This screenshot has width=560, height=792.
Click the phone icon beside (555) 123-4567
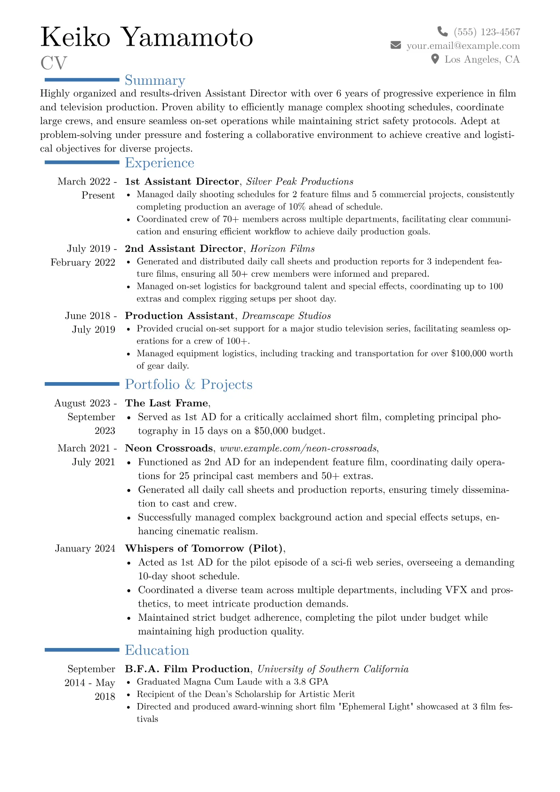[442, 32]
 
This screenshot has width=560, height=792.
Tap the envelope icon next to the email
[396, 45]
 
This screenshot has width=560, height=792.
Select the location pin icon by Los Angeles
[435, 59]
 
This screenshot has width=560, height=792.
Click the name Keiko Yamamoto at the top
[147, 37]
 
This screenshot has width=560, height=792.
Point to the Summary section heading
[155, 80]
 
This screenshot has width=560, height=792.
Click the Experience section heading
[160, 163]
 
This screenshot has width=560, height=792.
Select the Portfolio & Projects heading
[189, 384]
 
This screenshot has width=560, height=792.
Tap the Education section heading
[157, 650]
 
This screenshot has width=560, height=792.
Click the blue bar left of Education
[82, 650]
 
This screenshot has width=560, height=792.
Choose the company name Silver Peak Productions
[300, 182]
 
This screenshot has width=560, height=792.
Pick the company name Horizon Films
[282, 248]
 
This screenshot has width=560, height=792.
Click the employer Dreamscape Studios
[287, 316]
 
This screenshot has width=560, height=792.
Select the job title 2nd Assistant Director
[184, 248]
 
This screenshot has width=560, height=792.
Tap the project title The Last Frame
[167, 403]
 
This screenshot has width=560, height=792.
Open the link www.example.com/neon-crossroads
[298, 448]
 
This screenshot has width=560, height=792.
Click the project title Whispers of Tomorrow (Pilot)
[204, 548]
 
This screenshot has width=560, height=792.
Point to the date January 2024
[85, 548]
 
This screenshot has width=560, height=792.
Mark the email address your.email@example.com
[464, 46]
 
